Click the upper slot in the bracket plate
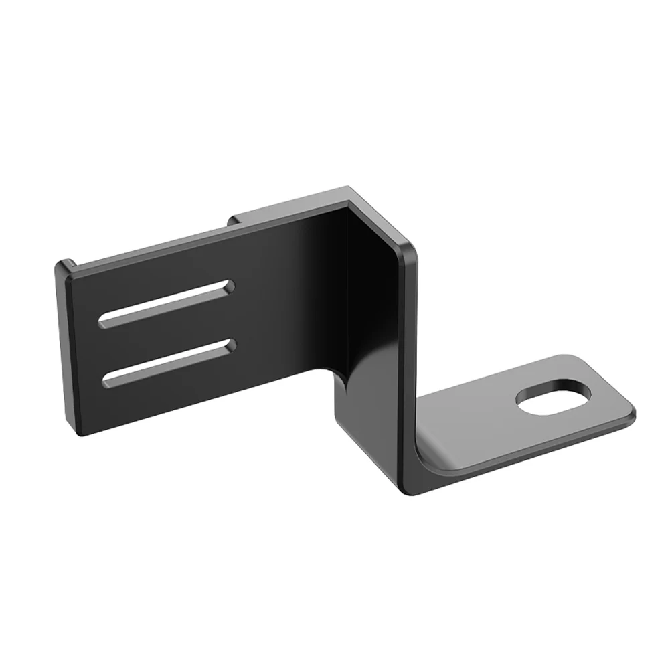pos(167,304)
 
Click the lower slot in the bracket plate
pos(170,362)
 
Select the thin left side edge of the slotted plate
pos(61,348)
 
